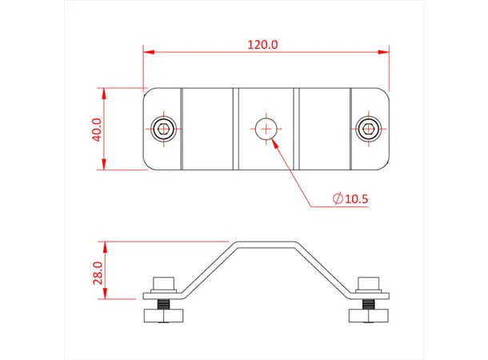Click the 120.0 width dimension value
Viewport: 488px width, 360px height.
click(x=262, y=45)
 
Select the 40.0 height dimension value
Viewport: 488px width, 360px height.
click(x=97, y=129)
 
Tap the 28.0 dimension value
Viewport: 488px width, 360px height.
click(x=97, y=272)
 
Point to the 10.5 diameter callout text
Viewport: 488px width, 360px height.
click(x=355, y=199)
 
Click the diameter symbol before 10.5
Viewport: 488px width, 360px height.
click(x=336, y=199)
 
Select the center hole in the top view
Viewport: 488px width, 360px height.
click(x=265, y=126)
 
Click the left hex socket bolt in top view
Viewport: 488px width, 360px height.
click(x=164, y=128)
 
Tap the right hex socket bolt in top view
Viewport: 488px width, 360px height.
click(x=368, y=128)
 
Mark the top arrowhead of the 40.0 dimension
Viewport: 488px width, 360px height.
click(x=103, y=91)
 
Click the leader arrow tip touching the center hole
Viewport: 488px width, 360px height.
click(x=274, y=140)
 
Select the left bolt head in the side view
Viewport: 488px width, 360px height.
click(x=164, y=282)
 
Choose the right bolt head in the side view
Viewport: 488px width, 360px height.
click(x=368, y=282)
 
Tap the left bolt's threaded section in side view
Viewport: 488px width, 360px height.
click(x=164, y=304)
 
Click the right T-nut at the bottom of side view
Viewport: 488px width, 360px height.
click(x=368, y=314)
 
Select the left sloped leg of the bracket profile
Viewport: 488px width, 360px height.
click(x=207, y=269)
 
